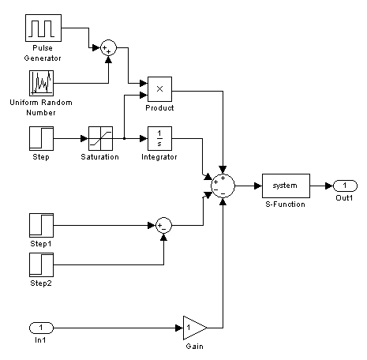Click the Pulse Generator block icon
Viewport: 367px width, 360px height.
(43, 28)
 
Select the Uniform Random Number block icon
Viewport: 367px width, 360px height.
(41, 83)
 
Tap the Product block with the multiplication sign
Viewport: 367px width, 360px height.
(159, 89)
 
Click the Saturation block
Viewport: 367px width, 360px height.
(100, 138)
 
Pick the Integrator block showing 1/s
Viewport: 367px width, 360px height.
(159, 138)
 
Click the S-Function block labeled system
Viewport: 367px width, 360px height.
(286, 186)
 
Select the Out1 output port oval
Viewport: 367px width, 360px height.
(345, 186)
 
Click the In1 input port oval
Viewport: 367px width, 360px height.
(41, 328)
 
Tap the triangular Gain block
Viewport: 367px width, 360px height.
(195, 328)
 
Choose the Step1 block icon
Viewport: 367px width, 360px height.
(41, 225)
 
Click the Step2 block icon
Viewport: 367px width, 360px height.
(41, 264)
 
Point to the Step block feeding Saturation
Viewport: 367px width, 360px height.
(41, 138)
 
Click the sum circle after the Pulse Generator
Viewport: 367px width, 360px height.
(108, 48)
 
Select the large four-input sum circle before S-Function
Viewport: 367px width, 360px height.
(223, 186)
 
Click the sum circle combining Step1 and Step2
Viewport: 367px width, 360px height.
(163, 225)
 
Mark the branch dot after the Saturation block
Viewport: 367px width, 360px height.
(124, 138)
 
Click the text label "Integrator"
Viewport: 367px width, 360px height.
(159, 157)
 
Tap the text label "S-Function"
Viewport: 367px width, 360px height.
(286, 204)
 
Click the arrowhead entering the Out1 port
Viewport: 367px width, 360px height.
(330, 186)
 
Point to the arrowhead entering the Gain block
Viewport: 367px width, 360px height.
(179, 328)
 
